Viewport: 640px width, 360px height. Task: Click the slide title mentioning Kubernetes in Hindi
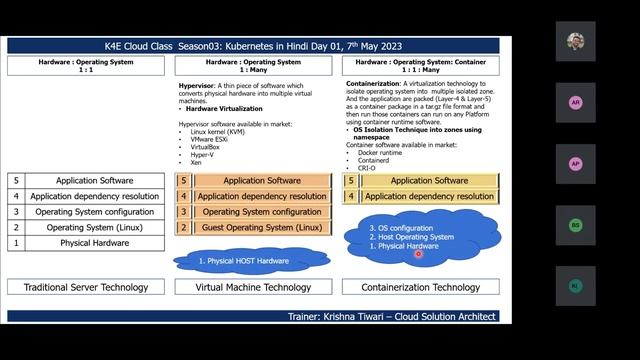point(254,45)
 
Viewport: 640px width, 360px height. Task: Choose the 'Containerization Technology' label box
point(421,287)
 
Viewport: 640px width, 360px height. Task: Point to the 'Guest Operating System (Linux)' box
point(262,228)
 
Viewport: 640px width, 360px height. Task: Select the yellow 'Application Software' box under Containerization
point(429,181)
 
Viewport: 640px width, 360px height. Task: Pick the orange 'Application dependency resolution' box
point(262,196)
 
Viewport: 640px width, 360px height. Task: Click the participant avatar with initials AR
point(575,103)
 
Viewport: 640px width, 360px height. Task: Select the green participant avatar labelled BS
point(575,225)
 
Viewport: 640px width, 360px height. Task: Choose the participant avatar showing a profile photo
point(575,42)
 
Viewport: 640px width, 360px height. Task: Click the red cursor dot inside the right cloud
point(418,254)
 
